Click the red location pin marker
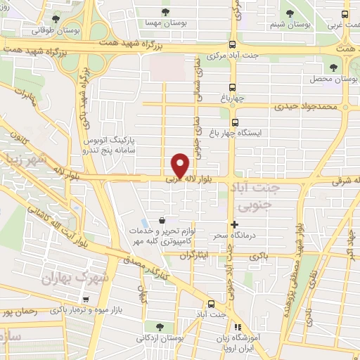[181, 165]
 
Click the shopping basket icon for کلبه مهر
[163, 219]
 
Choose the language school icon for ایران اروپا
[237, 327]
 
